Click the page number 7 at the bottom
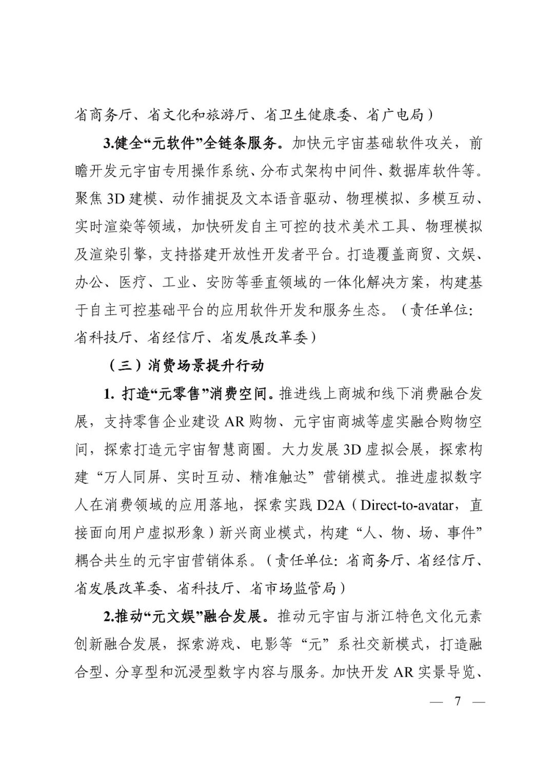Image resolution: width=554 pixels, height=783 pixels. (458, 701)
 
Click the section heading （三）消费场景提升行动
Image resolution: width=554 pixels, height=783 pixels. (187, 365)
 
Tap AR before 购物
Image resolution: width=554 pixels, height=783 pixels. (236, 422)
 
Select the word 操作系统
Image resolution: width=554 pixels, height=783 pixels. (215, 171)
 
